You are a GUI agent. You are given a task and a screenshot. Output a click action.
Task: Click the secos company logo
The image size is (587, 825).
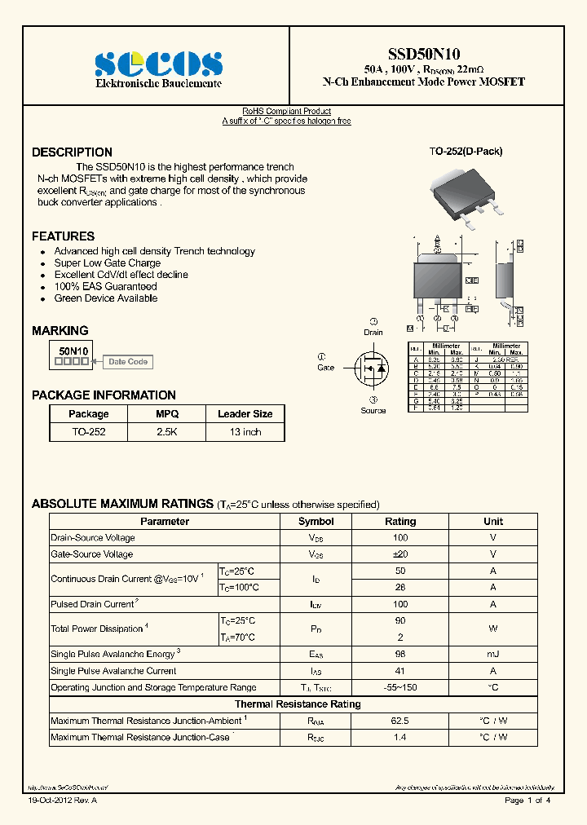pyautogui.click(x=158, y=64)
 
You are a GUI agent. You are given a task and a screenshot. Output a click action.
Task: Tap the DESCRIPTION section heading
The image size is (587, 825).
pyautogui.click(x=72, y=152)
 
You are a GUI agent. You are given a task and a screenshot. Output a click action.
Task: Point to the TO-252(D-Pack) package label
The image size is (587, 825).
pyautogui.click(x=466, y=152)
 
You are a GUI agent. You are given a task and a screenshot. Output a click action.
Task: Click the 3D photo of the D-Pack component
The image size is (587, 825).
pyautogui.click(x=464, y=192)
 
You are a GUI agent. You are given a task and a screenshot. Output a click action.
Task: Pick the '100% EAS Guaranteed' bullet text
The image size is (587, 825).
pyautogui.click(x=105, y=287)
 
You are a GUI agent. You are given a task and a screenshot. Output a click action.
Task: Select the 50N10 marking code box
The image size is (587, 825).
pyautogui.click(x=73, y=354)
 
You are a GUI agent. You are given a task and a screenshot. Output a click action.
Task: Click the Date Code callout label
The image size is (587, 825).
pyautogui.click(x=128, y=362)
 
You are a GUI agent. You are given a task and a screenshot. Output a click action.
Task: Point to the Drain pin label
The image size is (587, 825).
pyautogui.click(x=373, y=333)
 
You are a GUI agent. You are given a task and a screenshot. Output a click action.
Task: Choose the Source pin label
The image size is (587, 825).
pyautogui.click(x=373, y=410)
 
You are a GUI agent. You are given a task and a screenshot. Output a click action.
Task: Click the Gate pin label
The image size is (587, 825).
pyautogui.click(x=325, y=368)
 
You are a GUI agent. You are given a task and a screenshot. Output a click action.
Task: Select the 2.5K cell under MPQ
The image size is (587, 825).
pyautogui.click(x=166, y=432)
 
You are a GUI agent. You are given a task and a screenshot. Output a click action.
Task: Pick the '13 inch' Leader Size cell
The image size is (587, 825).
pyautogui.click(x=245, y=432)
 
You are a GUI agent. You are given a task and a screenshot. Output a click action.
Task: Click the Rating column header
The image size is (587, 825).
pyautogui.click(x=400, y=521)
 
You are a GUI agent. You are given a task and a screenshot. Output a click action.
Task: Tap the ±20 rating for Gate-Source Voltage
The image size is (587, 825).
pyautogui.click(x=400, y=554)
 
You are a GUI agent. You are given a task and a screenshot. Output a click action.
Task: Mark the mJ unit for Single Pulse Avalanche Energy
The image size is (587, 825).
pyautogui.click(x=493, y=655)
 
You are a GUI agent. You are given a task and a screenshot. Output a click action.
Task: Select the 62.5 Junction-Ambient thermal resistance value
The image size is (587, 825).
pyautogui.click(x=400, y=721)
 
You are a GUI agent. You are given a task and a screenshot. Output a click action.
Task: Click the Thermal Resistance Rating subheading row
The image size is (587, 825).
pyautogui.click(x=298, y=704)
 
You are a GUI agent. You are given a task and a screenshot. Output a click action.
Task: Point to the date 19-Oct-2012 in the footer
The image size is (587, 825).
pyautogui.click(x=62, y=801)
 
